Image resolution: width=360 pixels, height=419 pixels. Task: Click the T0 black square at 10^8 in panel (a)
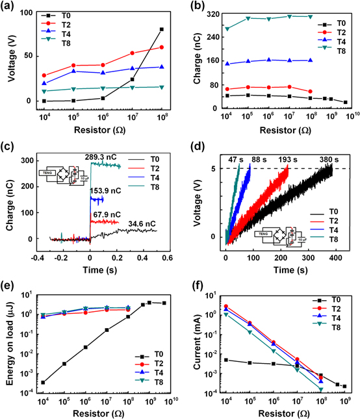point(161,29)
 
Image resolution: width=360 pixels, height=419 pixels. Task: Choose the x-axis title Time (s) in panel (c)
point(100,269)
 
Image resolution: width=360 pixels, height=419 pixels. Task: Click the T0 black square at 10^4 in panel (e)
point(44,383)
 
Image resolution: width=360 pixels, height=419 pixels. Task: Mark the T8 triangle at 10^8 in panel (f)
point(320,389)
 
